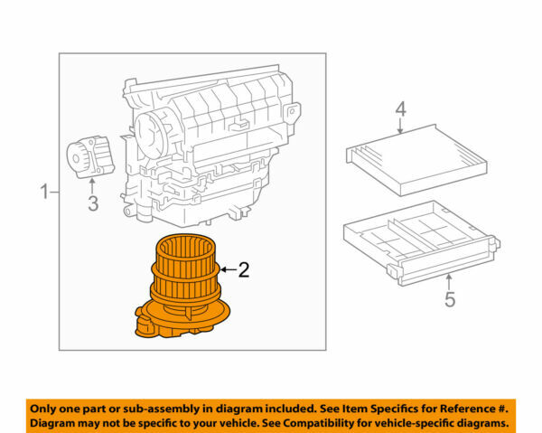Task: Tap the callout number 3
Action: point(92,203)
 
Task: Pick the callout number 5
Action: point(449,299)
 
